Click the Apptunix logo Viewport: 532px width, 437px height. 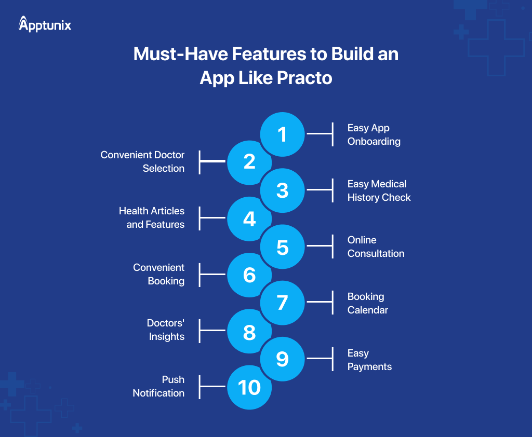pyautogui.click(x=45, y=24)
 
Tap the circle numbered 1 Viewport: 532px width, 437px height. pyautogui.click(x=282, y=134)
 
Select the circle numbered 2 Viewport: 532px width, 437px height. pyautogui.click(x=249, y=162)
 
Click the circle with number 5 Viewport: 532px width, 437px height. pyautogui.click(x=282, y=247)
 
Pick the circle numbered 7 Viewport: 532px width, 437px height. pyautogui.click(x=282, y=303)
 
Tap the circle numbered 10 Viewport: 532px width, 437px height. pyautogui.click(x=249, y=387)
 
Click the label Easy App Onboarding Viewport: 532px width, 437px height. pyautogui.click(x=374, y=134)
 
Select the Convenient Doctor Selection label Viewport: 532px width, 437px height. pyautogui.click(x=142, y=161)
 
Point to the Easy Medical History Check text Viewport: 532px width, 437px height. pyautogui.click(x=379, y=190)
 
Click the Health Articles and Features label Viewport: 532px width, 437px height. pyautogui.click(x=152, y=217)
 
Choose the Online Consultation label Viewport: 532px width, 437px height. pyautogui.click(x=376, y=247)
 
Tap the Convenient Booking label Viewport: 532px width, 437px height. pyautogui.click(x=158, y=274)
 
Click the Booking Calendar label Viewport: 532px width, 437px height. pyautogui.click(x=368, y=303)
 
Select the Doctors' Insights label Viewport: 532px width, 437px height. pyautogui.click(x=166, y=330)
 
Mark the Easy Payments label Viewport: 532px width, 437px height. pyautogui.click(x=369, y=360)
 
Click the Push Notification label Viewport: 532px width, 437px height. pyautogui.click(x=158, y=386)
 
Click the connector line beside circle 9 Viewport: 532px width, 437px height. pyautogui.click(x=319, y=358)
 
